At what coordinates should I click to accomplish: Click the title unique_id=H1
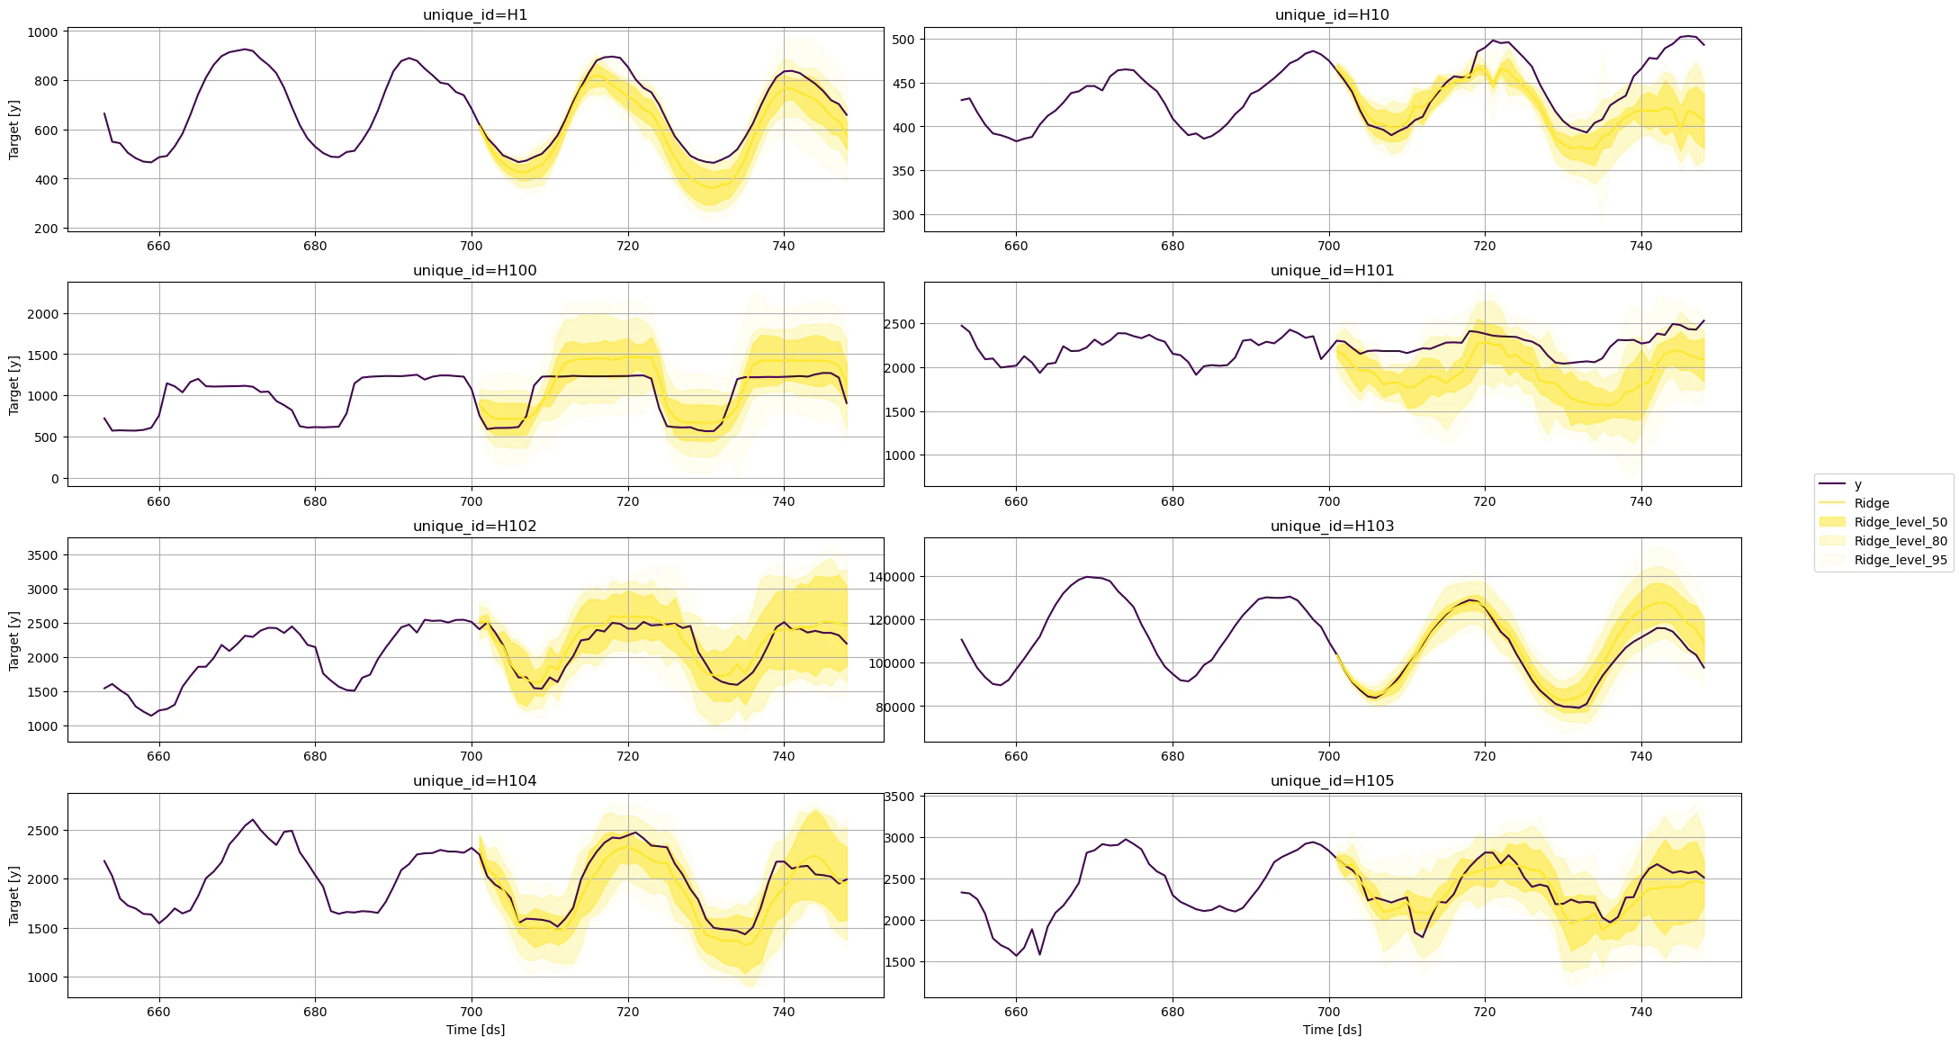pos(475,14)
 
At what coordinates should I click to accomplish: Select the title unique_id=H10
pos(1332,14)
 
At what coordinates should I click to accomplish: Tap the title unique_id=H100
pos(475,270)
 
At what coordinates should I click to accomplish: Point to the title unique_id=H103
pos(1332,526)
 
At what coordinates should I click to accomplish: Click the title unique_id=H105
pos(1332,780)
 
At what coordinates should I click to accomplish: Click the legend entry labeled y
pos(1858,484)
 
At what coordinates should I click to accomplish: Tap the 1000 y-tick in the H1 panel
pos(42,32)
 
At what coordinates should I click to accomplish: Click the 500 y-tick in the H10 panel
pos(903,40)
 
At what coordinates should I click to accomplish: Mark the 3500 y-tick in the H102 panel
pos(42,555)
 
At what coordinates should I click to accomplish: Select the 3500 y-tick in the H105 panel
pos(900,797)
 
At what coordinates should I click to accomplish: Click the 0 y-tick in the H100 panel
pos(55,479)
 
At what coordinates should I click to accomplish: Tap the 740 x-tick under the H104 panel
pos(783,1012)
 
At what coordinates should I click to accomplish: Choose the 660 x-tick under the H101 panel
pos(1016,501)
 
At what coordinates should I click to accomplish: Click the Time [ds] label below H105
pos(1332,1030)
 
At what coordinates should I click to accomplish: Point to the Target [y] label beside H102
pos(13,640)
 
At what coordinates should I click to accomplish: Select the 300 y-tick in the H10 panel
pos(903,215)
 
